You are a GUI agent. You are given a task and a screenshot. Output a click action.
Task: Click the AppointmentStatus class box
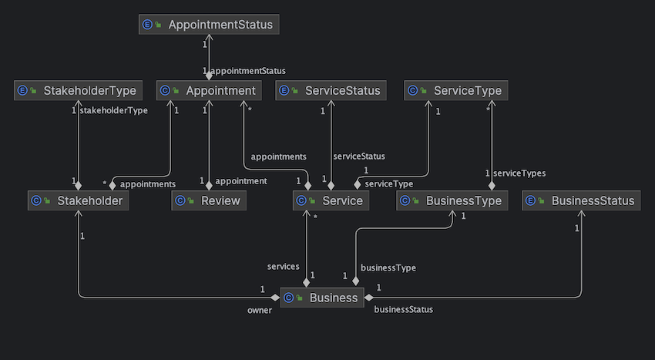208,25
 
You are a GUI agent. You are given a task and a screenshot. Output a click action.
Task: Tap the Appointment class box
209,91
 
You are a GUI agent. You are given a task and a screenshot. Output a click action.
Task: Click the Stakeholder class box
78,201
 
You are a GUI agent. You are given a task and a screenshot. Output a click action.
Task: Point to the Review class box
209,201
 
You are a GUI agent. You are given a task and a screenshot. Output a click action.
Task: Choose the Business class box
321,298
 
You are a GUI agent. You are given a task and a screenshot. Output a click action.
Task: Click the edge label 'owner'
260,311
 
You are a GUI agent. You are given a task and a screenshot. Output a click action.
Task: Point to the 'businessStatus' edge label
403,310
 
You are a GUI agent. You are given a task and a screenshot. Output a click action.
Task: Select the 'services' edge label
283,267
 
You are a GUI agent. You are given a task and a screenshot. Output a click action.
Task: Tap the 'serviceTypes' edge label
519,173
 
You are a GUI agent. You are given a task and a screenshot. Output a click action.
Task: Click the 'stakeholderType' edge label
114,110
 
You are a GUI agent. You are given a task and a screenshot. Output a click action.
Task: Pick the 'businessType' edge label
388,267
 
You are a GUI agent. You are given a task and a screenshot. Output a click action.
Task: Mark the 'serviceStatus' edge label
358,156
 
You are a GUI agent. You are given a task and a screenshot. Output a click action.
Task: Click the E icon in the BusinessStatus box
530,201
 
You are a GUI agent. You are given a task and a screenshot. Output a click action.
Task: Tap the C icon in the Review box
180,201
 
